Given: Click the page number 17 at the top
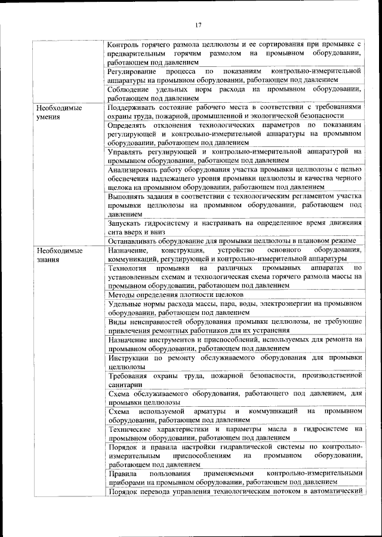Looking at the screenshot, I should click(199, 24).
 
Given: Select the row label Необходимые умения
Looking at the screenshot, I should click(59, 113).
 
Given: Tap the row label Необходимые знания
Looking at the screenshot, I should click(59, 255).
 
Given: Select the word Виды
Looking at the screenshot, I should click(118, 321).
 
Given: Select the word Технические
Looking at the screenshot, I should click(134, 429).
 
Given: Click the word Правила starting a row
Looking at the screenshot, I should click(124, 472).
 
